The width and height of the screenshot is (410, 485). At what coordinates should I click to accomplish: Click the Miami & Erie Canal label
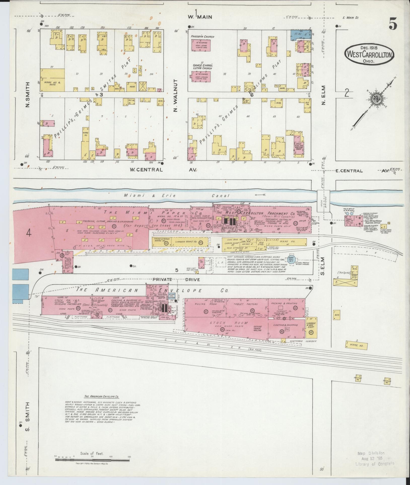pos(177,196)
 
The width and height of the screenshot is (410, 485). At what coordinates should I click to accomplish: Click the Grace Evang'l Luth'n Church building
pos(201,77)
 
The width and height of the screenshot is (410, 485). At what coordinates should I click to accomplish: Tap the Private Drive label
pos(176,279)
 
